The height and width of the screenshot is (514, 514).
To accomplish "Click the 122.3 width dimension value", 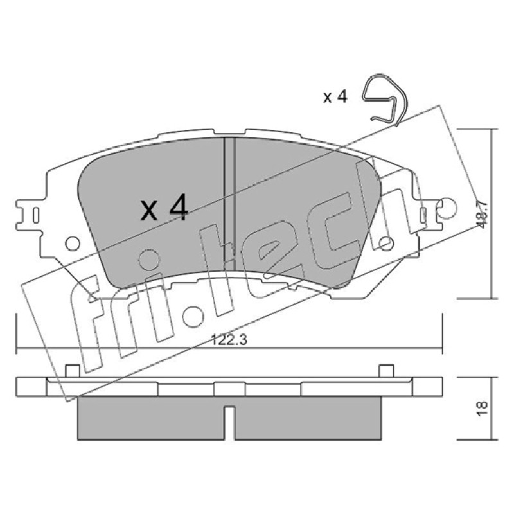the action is tap(229, 340).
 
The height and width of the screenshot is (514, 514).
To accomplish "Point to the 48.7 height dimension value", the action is tap(483, 215).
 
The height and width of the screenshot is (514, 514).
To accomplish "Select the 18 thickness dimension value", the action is tap(483, 409).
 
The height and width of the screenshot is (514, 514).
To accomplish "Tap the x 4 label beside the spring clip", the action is tap(335, 97).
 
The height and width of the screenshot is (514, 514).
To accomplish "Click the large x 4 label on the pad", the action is tap(164, 208).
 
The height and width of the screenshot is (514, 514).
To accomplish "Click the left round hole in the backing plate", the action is tap(73, 244).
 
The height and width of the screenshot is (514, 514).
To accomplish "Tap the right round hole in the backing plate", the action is tap(386, 244).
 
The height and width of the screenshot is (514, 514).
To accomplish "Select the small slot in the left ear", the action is tap(36, 215).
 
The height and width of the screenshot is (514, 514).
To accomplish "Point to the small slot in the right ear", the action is tap(423, 215).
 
